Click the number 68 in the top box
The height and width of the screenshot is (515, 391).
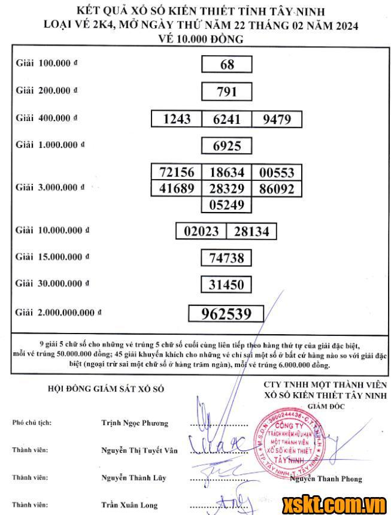227,64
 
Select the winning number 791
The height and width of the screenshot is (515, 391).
227,92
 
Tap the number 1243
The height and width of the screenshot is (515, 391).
177,119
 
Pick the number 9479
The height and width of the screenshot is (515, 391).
277,119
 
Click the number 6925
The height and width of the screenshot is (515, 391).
227,146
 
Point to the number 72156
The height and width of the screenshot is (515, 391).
177,172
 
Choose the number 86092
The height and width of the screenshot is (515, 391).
277,189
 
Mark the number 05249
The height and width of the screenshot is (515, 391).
227,205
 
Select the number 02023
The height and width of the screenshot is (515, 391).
201,231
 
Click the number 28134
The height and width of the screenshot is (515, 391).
251,231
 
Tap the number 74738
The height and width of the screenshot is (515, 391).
227,258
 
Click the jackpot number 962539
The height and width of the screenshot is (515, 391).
227,313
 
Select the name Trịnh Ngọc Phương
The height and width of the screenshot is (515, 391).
135,423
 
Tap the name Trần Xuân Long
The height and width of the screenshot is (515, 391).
129,505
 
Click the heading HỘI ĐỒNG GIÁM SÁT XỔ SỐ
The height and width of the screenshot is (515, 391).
105,389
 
